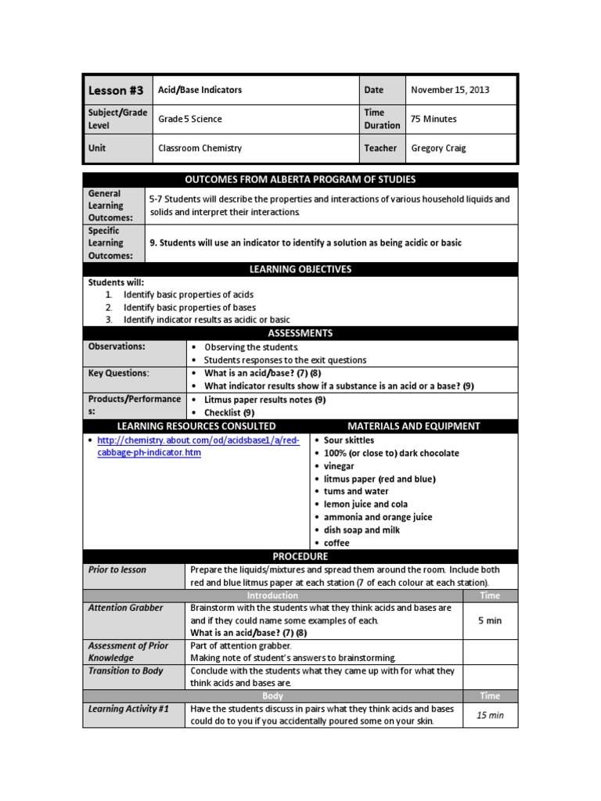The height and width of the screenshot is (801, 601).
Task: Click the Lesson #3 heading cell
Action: point(116,91)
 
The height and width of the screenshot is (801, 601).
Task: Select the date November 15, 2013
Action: point(450,90)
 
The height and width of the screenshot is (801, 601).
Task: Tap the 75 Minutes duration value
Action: point(434,119)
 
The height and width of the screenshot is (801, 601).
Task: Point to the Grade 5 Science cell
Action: point(190,119)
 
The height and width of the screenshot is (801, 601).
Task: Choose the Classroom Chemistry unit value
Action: point(200,148)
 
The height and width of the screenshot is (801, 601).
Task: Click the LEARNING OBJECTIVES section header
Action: point(300,269)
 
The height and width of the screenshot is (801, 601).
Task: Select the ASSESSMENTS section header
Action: point(300,333)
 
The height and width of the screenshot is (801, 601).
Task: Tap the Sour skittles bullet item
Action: point(349,440)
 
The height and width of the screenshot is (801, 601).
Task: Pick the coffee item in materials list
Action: point(336,543)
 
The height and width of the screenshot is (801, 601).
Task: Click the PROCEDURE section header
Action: point(300,556)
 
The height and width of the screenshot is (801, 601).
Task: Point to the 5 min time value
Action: point(490,620)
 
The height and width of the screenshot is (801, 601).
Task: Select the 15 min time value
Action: point(490,715)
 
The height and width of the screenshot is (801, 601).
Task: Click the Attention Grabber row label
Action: point(126,608)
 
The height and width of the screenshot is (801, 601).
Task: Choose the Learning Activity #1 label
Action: point(129,709)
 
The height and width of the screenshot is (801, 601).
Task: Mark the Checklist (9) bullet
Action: point(229,412)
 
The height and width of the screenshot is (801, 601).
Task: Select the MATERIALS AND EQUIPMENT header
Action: point(413,426)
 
